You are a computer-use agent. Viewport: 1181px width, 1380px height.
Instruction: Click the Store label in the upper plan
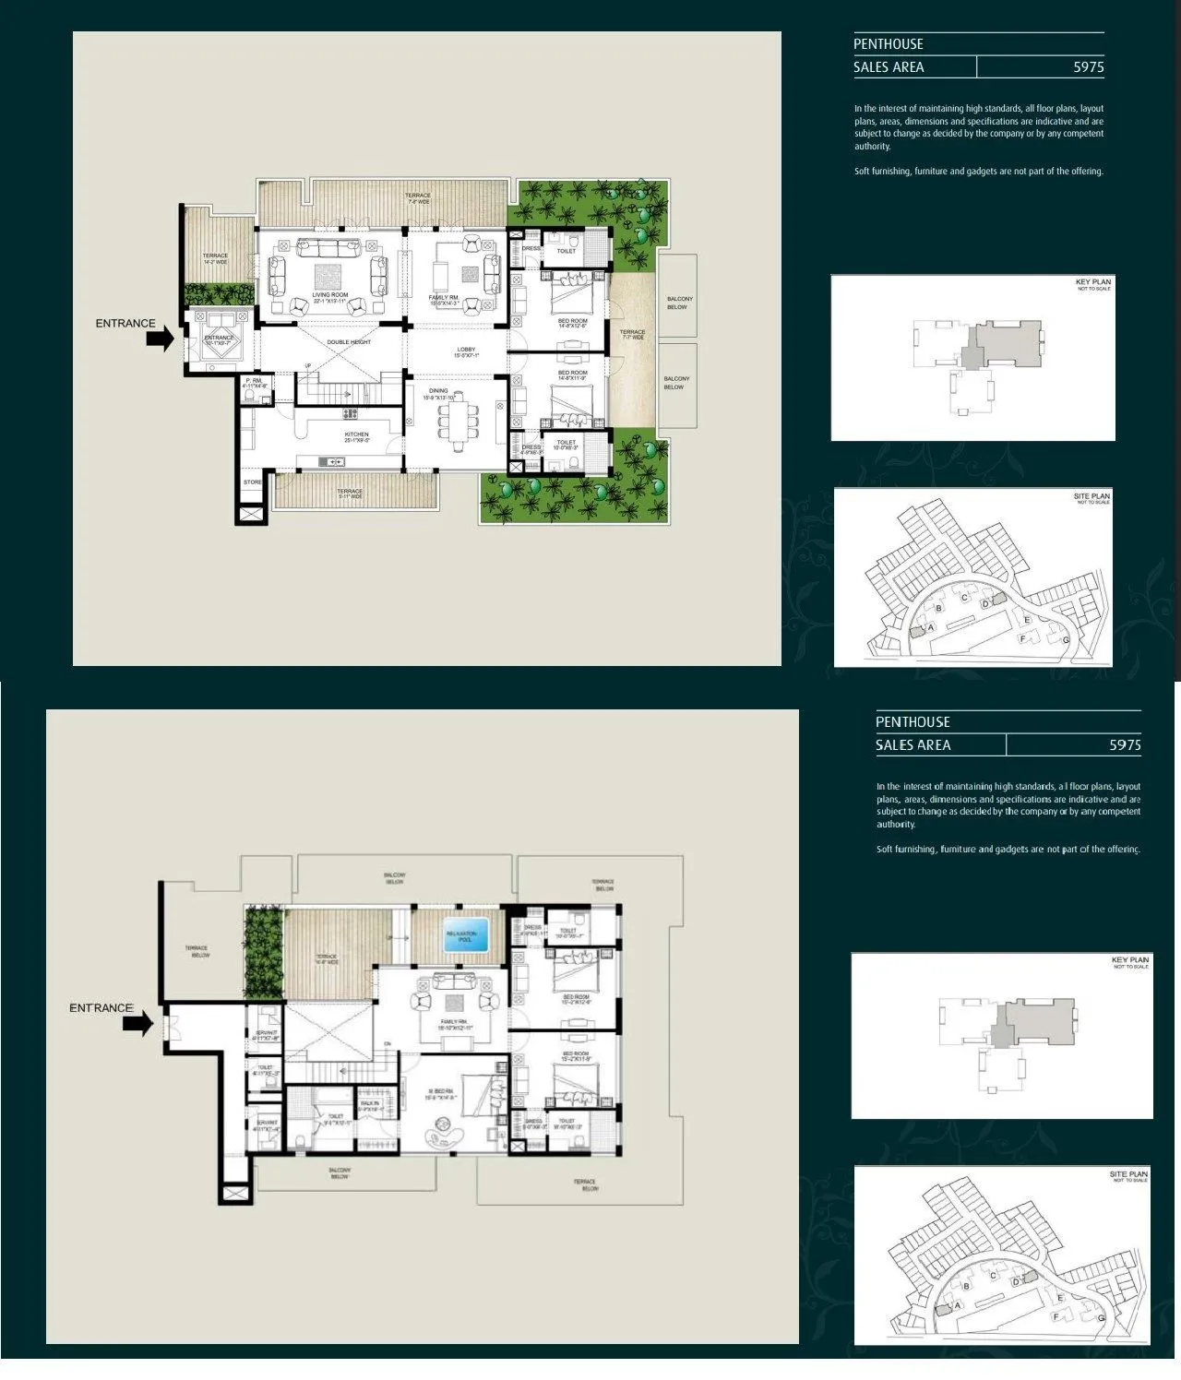tap(252, 482)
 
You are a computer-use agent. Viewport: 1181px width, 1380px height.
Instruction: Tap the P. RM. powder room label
tap(255, 383)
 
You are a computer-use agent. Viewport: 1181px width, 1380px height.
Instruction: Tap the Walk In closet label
tap(369, 1103)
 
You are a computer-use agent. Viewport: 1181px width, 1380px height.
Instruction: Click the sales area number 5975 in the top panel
tap(1088, 67)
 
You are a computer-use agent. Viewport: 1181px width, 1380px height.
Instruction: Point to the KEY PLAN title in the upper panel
tap(1093, 281)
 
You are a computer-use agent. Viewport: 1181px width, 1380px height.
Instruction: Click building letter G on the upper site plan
tap(1066, 639)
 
